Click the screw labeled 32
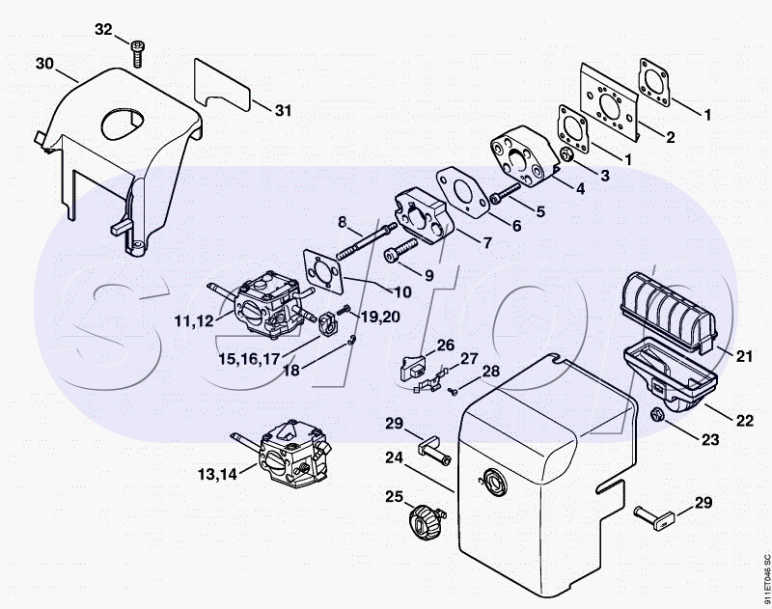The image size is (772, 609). (x=137, y=54)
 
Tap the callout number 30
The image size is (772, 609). (x=44, y=64)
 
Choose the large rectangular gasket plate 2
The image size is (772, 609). (x=609, y=101)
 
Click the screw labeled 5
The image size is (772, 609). (x=505, y=193)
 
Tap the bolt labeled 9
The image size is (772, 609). (x=400, y=250)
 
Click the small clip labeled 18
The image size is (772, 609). (x=350, y=340)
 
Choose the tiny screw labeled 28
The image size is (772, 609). (x=453, y=392)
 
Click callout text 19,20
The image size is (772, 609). (x=379, y=318)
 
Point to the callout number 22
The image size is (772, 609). (x=744, y=421)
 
